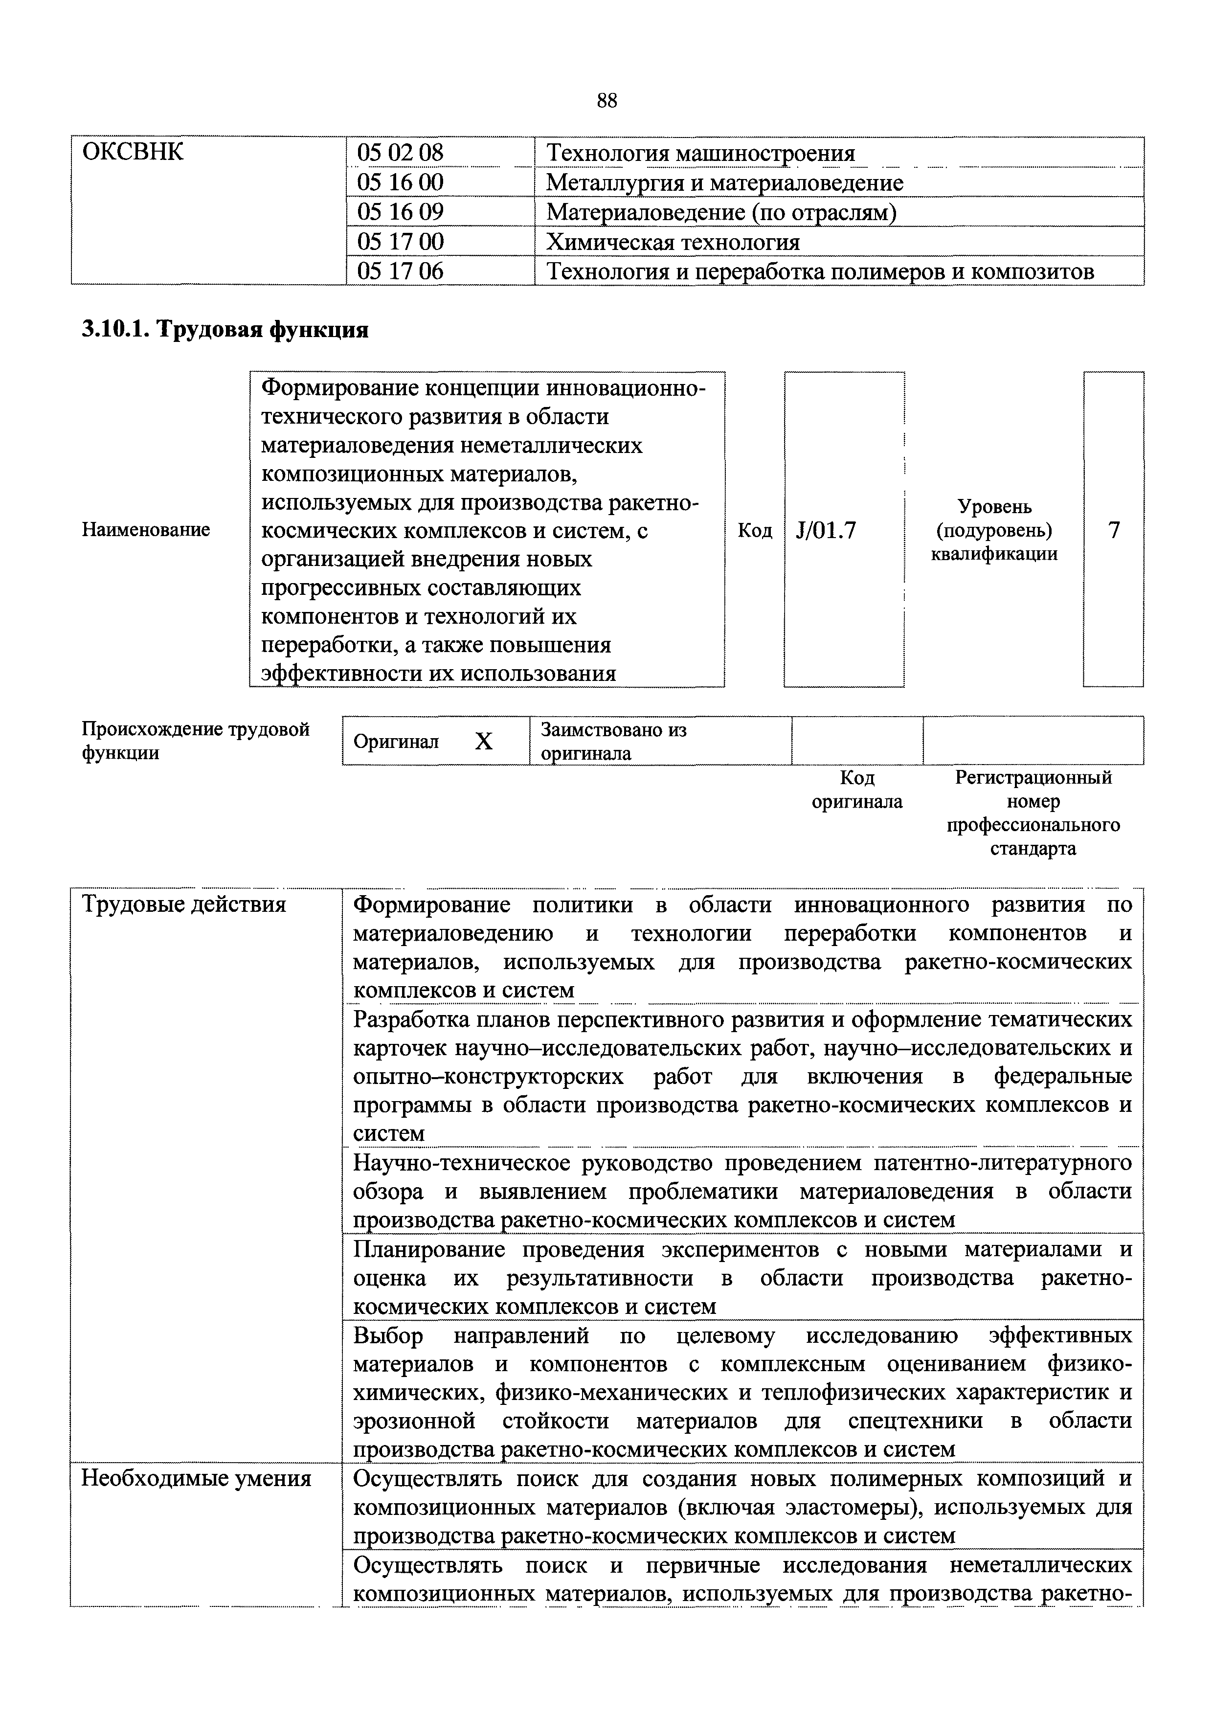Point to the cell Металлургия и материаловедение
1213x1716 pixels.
pos(724,183)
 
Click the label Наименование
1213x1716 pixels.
pos(146,530)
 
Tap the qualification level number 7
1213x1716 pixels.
pos(1114,531)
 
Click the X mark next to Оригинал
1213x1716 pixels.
pos(484,742)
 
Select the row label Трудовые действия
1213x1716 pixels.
pos(183,905)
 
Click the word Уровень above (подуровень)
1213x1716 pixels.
pos(994,507)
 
